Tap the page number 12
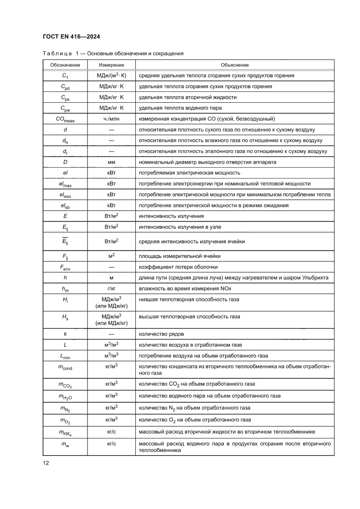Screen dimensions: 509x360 pos(46,463)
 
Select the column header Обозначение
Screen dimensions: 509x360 pos(65,65)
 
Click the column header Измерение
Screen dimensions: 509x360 pos(111,65)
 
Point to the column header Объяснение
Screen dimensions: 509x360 pos(235,65)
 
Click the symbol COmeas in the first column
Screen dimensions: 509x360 pos(65,119)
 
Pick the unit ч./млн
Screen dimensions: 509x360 pos(111,119)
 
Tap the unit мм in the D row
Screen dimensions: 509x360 pos(111,162)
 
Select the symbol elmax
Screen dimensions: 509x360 pos(65,184)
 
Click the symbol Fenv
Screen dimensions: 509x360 pos(65,267)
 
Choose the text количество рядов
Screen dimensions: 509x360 pos(161,334)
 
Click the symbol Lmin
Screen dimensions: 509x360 pos(65,356)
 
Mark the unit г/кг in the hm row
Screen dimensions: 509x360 pos(111,289)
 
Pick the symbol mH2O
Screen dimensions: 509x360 pos(65,396)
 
